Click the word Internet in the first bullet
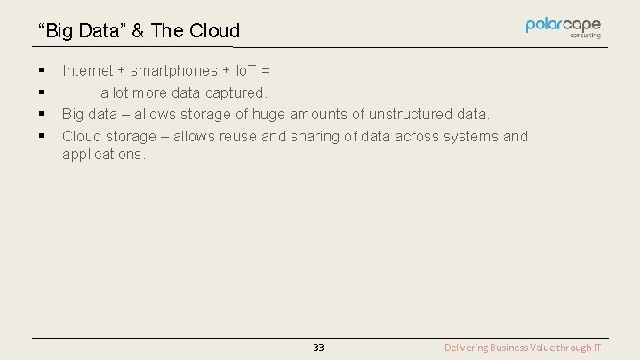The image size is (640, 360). pyautogui.click(x=88, y=70)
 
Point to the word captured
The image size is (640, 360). pyautogui.click(x=237, y=92)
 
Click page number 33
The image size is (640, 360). pyautogui.click(x=318, y=348)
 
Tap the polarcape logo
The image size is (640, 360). pyautogui.click(x=563, y=28)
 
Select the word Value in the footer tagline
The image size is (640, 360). pyautogui.click(x=550, y=348)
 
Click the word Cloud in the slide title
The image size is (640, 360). pyautogui.click(x=213, y=32)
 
